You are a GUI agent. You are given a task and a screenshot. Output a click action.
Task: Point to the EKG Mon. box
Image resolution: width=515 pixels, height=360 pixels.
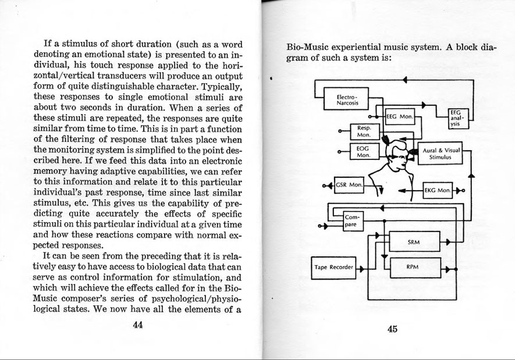436,190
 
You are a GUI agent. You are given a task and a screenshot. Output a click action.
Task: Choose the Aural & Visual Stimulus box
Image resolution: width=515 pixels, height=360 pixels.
441,154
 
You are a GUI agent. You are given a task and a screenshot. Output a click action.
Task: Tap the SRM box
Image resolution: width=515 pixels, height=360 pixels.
414,241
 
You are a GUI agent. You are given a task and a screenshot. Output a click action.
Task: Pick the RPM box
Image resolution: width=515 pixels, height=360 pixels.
414,266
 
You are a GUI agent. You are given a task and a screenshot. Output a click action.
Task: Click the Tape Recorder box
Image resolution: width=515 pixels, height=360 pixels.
333,267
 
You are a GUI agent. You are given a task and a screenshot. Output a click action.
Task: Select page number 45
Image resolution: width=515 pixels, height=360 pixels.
392,329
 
